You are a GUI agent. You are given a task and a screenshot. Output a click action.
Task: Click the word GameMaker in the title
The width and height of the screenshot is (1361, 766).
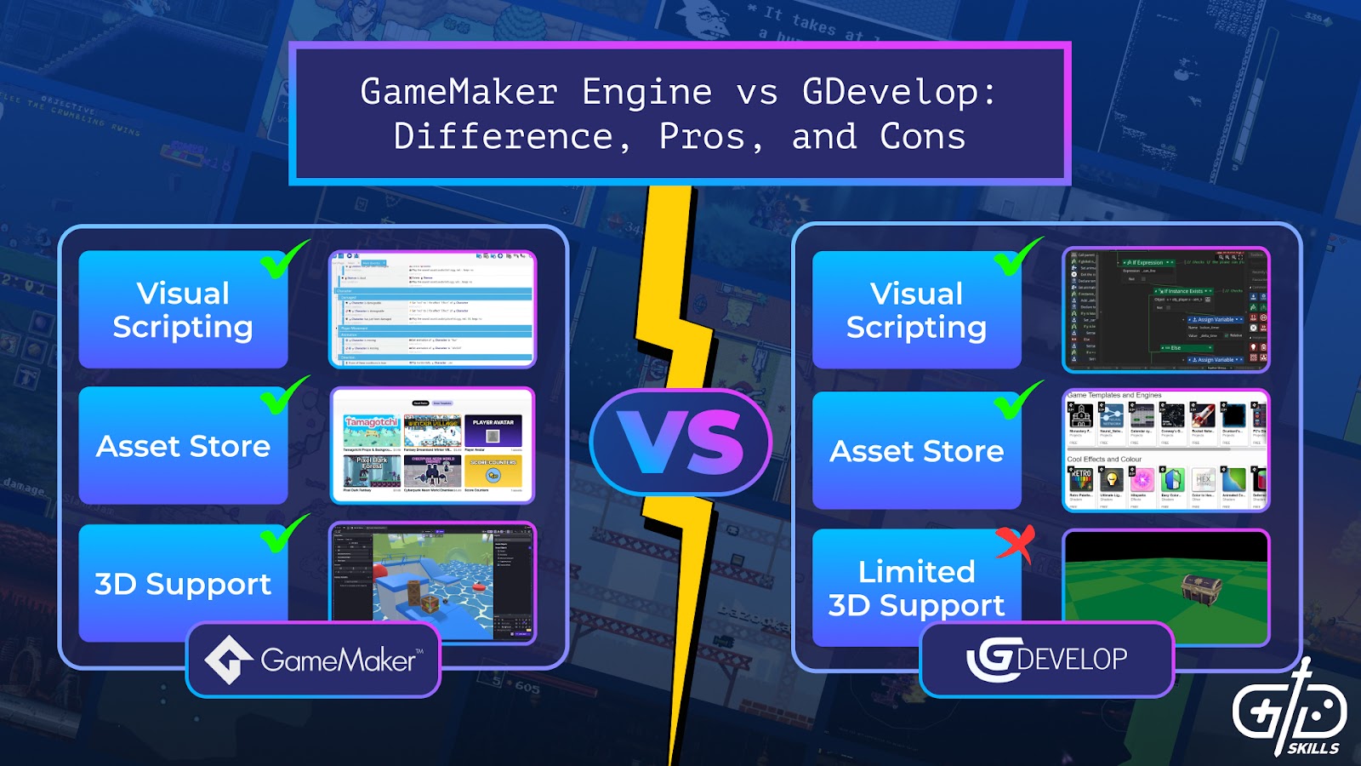coord(459,92)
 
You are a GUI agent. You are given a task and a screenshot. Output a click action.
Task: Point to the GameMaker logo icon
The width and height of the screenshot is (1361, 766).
coord(229,660)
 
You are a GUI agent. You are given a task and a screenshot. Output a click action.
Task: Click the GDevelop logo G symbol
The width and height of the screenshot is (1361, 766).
coord(991,659)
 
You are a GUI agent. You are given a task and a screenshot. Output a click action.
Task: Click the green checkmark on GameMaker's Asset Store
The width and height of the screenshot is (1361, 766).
coord(284,396)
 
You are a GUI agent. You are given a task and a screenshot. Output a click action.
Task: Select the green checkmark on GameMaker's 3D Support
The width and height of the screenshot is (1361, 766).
coord(284,534)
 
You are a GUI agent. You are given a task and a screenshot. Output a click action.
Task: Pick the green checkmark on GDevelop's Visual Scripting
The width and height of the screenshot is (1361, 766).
coord(1017,256)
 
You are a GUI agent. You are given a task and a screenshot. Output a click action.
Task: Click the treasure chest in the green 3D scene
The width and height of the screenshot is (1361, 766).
coord(1202,586)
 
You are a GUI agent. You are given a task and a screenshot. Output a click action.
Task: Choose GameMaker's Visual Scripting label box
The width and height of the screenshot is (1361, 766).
coord(183,310)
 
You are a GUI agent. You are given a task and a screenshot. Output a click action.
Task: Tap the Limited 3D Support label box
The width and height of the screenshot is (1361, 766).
coord(916,588)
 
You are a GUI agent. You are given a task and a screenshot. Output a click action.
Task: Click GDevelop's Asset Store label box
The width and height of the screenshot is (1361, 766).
coord(916,450)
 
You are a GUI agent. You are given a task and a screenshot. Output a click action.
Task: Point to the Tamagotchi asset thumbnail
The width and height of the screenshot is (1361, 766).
coord(372,430)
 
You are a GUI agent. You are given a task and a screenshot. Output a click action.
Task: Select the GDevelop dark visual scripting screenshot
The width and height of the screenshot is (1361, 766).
coord(1166,310)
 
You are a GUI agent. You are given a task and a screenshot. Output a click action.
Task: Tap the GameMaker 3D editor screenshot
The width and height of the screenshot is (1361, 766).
coord(432,583)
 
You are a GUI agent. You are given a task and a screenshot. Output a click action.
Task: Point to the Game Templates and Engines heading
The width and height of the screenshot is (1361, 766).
coord(1114,396)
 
